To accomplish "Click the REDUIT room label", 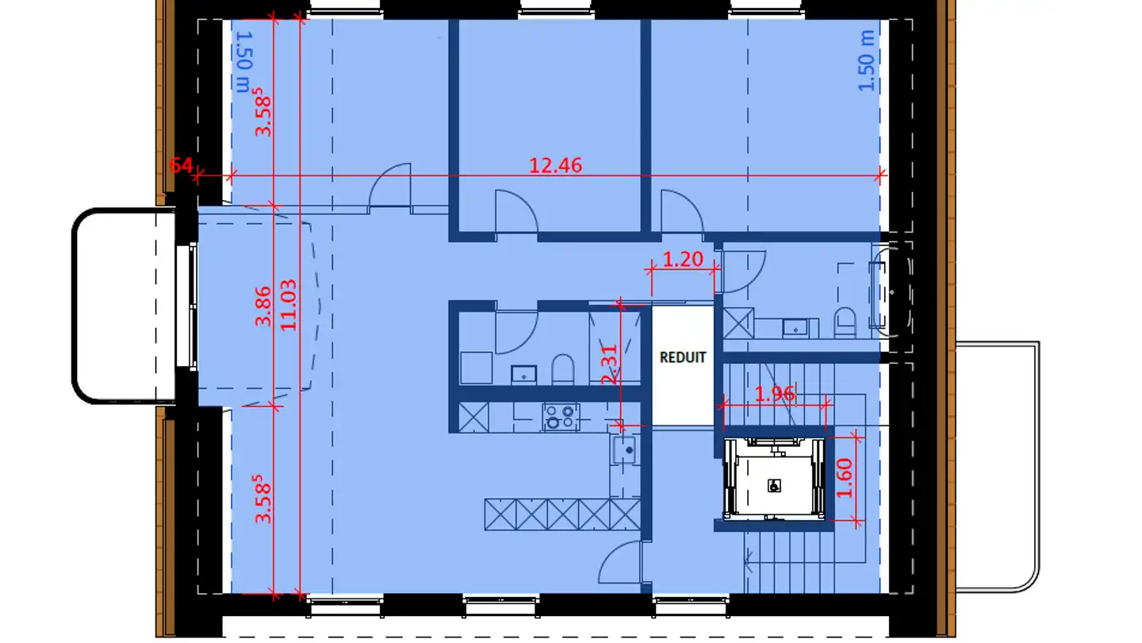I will click(x=682, y=357).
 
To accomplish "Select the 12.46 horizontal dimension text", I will click(x=555, y=165).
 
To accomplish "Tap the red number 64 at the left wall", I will click(x=182, y=165).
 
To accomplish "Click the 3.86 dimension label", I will click(x=263, y=306).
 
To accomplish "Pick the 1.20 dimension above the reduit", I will click(x=683, y=259).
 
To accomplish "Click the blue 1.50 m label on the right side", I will click(x=868, y=60).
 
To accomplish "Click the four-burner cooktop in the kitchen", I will click(x=561, y=416).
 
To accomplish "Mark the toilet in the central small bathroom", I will click(x=562, y=369).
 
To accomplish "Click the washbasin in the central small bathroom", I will click(x=523, y=372).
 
